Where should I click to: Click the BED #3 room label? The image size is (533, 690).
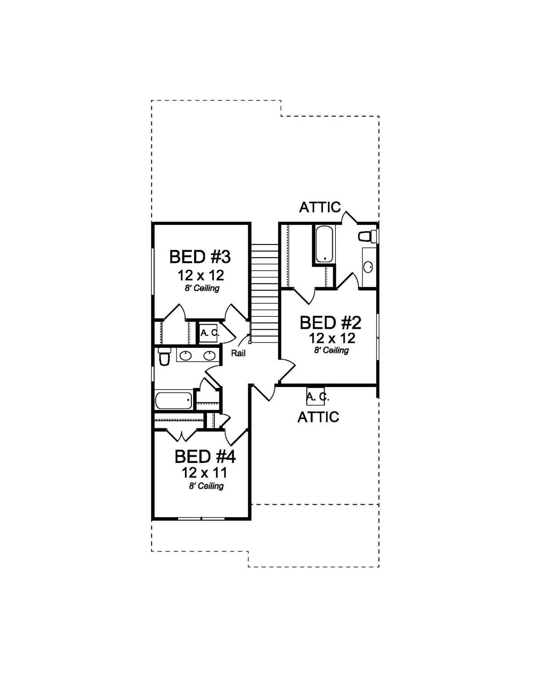(x=200, y=257)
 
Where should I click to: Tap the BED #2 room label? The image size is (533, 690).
(x=330, y=323)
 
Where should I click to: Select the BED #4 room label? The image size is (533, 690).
(x=205, y=457)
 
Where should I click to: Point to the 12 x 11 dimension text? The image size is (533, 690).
(x=204, y=473)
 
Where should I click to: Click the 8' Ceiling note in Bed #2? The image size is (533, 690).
(x=331, y=350)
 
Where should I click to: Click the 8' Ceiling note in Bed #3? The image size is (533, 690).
(x=202, y=288)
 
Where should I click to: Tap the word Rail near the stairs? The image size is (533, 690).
(x=238, y=353)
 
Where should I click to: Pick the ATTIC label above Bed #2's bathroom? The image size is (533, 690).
(x=320, y=207)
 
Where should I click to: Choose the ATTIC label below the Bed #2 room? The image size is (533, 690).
(x=318, y=417)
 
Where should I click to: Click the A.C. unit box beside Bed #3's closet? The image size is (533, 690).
(x=208, y=333)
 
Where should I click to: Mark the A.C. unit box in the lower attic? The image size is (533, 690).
(x=315, y=396)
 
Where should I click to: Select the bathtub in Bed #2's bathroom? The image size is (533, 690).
(x=324, y=243)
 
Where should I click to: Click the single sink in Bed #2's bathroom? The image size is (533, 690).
(x=368, y=267)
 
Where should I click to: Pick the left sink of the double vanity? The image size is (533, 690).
(x=185, y=356)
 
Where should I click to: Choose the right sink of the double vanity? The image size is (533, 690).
(x=210, y=356)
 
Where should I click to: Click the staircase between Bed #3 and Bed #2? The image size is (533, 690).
(x=265, y=293)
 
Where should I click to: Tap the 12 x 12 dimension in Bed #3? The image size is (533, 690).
(x=201, y=275)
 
